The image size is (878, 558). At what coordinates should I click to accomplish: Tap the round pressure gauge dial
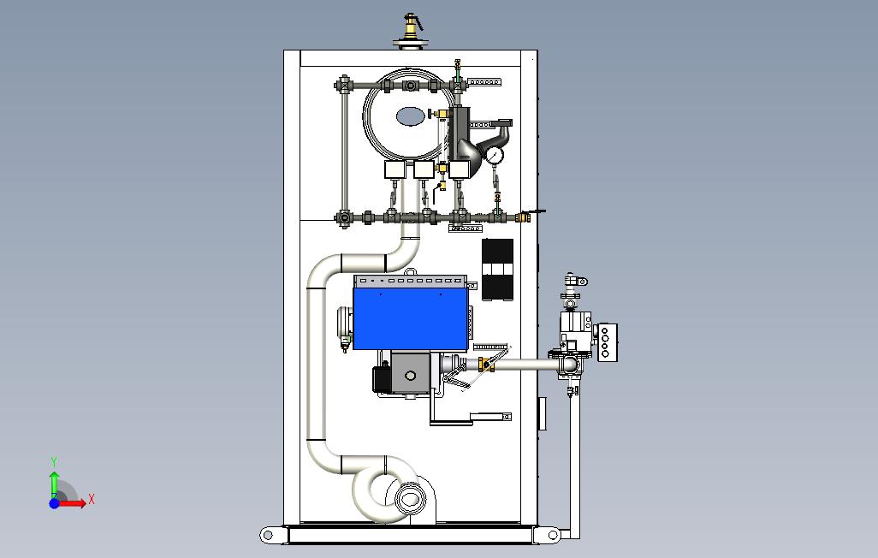pos(495,155)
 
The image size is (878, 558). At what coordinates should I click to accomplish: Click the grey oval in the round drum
pos(410,116)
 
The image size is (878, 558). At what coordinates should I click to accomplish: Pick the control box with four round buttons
pos(606,343)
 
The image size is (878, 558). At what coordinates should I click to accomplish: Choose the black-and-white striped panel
pos(498,270)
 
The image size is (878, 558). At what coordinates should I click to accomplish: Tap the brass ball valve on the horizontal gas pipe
pos(485,365)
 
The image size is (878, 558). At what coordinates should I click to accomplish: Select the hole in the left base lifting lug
pos(267,536)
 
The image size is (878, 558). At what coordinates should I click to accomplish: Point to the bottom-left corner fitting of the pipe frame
pos(344,217)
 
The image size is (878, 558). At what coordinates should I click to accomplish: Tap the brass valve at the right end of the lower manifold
pos(522,217)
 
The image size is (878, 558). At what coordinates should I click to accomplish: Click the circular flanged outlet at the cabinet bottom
pos(411,498)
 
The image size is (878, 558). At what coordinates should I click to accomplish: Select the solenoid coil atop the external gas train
pos(572,281)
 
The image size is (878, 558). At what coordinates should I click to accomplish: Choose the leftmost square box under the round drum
pos(395,169)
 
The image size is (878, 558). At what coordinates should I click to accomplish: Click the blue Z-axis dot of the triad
pos(54,503)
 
